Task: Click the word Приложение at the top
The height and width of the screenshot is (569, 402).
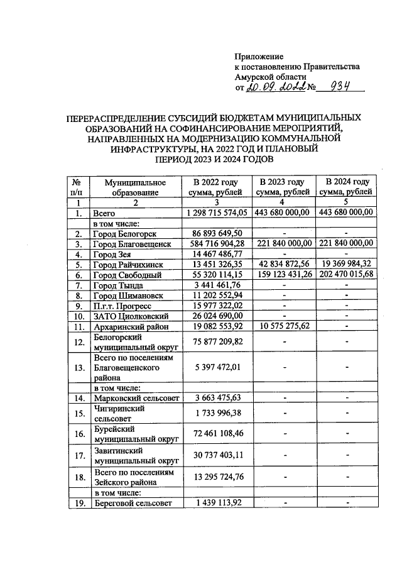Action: click(x=259, y=57)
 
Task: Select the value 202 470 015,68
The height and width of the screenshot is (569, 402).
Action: click(x=346, y=275)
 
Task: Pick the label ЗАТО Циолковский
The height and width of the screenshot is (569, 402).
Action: click(x=129, y=316)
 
